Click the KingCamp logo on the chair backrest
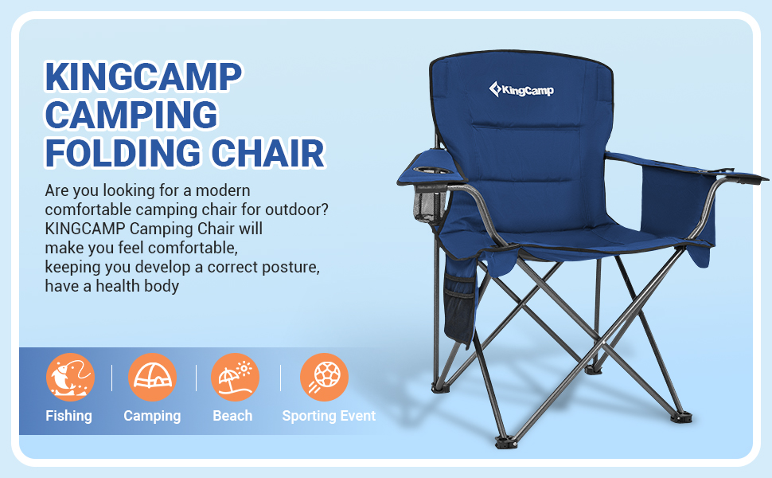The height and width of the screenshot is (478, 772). click(x=521, y=89)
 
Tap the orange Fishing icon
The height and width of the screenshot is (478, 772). click(x=70, y=377)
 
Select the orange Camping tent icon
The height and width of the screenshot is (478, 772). click(x=152, y=377)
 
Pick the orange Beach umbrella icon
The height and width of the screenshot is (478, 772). click(x=235, y=377)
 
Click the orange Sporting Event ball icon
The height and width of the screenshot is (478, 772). click(x=324, y=377)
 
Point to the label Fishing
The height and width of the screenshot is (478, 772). click(x=68, y=416)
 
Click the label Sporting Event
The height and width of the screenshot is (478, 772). click(x=329, y=416)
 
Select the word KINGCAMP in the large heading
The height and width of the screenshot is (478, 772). click(x=143, y=77)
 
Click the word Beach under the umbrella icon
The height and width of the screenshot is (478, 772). click(x=232, y=416)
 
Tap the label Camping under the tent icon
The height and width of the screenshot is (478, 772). click(x=152, y=416)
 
